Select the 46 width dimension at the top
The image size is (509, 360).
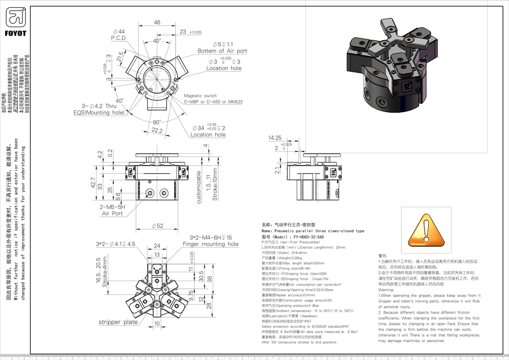tap(157, 22)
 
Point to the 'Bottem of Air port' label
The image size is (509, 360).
tap(222, 51)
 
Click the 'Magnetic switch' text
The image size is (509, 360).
tap(200, 96)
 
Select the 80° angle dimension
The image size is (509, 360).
tap(157, 122)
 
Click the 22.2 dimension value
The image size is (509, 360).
tap(158, 131)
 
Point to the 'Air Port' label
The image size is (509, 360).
tap(112, 214)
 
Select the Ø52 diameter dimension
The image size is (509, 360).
tap(157, 226)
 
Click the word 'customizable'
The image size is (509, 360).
tap(199, 187)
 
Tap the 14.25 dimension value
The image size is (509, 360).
tap(275, 138)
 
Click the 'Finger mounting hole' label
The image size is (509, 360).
tap(210, 244)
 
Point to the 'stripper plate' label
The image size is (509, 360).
tap(118, 322)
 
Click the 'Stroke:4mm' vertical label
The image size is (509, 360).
tap(106, 275)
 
